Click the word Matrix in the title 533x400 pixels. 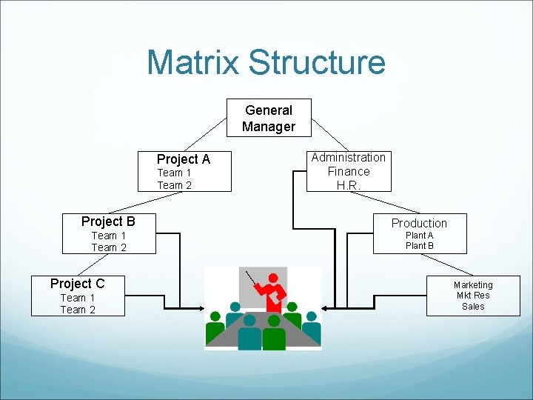(x=193, y=62)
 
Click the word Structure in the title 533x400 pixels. (x=317, y=62)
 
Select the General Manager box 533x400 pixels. (x=269, y=119)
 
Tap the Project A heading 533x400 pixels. (x=184, y=159)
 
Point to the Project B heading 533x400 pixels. (x=108, y=221)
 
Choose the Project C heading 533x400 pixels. (x=77, y=283)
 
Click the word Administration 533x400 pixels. (x=348, y=157)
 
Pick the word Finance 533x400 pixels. (x=349, y=171)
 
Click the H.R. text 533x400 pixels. (x=347, y=185)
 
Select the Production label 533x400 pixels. (x=419, y=223)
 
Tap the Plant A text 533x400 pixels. (x=420, y=236)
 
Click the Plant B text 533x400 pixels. (x=420, y=246)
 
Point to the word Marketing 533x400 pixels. (x=473, y=285)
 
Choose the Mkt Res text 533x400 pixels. (x=473, y=296)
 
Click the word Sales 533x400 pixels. (x=473, y=306)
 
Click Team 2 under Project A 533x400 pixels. (x=174, y=185)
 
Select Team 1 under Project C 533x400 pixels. (x=78, y=298)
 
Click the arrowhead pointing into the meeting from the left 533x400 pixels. (x=201, y=307)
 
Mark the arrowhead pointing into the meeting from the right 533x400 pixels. (x=326, y=306)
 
